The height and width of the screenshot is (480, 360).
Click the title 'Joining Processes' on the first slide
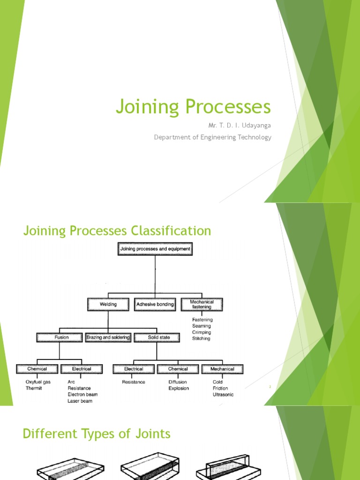pos(193,107)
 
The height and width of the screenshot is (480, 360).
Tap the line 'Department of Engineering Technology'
pos(213,137)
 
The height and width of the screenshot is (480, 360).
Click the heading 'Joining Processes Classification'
pos(117,231)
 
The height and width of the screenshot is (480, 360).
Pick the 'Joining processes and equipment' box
pos(155,249)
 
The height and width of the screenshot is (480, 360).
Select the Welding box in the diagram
pos(108,304)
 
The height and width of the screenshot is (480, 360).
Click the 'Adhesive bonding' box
pos(155,304)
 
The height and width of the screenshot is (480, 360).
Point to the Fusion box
pos(61,337)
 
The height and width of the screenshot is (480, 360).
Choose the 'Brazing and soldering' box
pos(108,337)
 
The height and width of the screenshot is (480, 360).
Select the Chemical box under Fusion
pos(37,369)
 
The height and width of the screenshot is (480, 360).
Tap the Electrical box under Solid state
pos(134,369)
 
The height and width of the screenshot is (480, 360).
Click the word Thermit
pos(34,388)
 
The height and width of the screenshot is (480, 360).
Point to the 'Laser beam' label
pos(80,401)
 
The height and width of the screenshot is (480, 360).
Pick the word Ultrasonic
pos(223,395)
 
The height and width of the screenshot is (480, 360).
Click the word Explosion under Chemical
pos(179,388)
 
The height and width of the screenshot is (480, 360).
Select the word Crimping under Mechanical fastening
pos(202,332)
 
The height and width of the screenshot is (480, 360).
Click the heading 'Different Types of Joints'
pos(97,434)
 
